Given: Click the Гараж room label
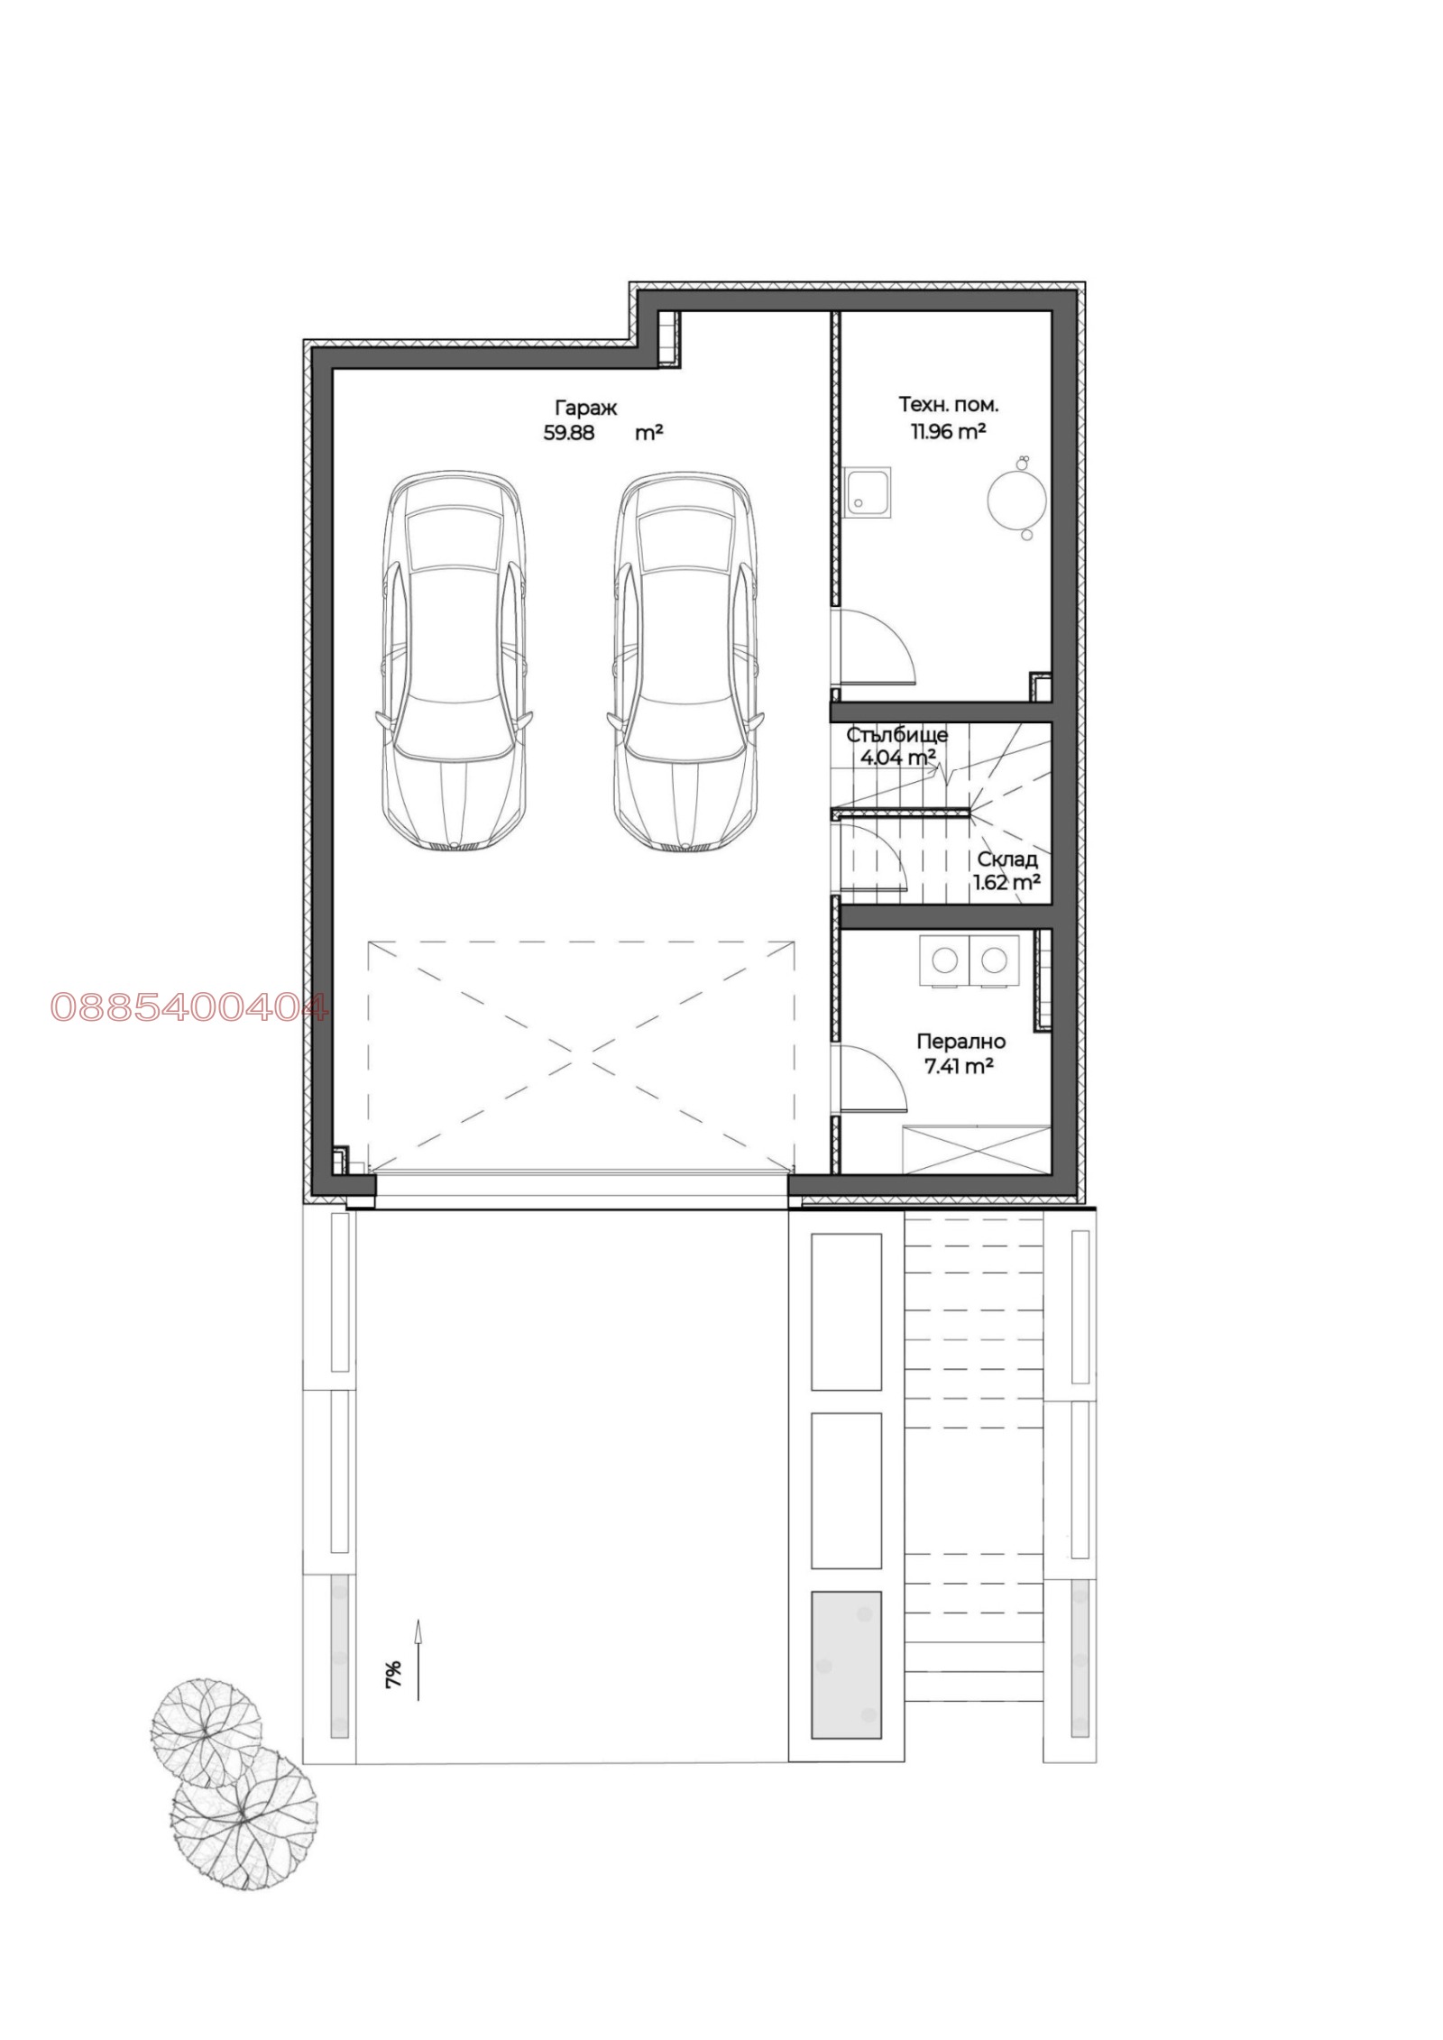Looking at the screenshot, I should point(585,408).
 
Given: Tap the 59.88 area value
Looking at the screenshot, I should point(568,432).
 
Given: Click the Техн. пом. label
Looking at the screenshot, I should point(948,405).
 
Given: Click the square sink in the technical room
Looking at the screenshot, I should point(868,492).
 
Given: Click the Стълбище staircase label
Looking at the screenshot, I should point(896,735).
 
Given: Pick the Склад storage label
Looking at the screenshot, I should point(1007,859).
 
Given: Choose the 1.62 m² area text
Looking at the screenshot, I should point(1006,882).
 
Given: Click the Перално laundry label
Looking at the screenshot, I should point(960,1042).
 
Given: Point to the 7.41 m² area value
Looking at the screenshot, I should point(959,1067).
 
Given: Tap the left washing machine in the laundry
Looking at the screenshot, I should point(943,961).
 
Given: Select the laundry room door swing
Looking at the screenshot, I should point(870,1079).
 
